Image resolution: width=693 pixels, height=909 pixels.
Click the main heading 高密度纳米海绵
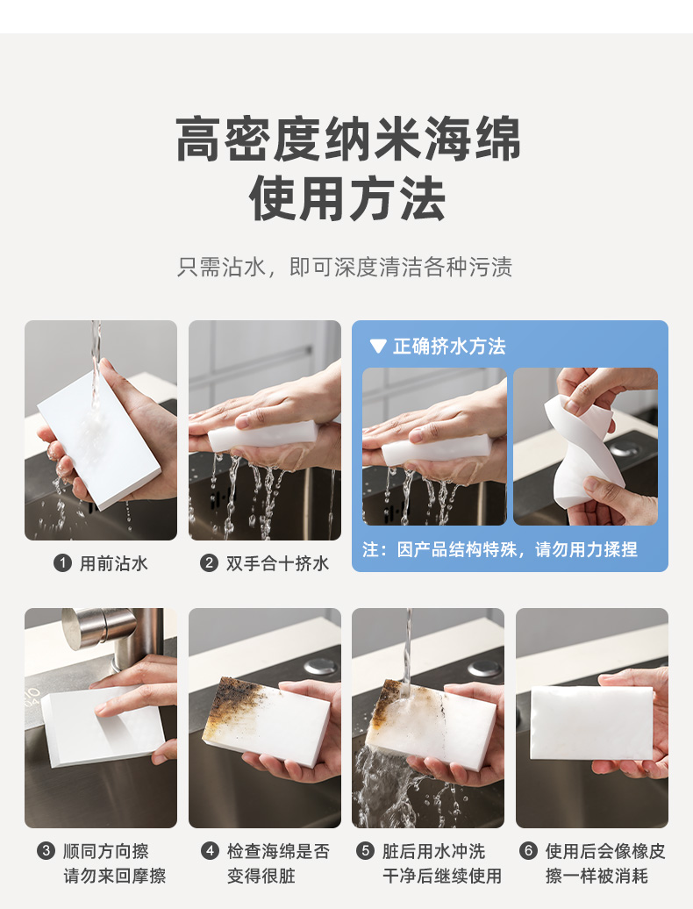pyautogui.click(x=347, y=140)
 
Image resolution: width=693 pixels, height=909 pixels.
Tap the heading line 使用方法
pyautogui.click(x=347, y=199)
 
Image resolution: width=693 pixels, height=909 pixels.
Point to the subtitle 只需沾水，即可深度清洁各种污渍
pyautogui.click(x=345, y=268)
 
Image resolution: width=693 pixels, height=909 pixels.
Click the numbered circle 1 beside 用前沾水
pyautogui.click(x=62, y=563)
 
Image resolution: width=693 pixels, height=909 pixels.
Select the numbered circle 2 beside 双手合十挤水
pyautogui.click(x=209, y=563)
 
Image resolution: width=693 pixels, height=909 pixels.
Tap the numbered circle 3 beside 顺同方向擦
pyautogui.click(x=46, y=851)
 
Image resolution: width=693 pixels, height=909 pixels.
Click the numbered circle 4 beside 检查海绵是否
pyautogui.click(x=210, y=851)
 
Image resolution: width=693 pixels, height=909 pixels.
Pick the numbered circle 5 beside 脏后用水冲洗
pyautogui.click(x=365, y=851)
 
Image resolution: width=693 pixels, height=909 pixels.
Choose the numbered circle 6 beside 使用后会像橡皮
pyautogui.click(x=528, y=851)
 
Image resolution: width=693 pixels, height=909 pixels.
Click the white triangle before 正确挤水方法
pyautogui.click(x=378, y=347)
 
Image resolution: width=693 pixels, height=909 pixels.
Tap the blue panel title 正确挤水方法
pyautogui.click(x=450, y=346)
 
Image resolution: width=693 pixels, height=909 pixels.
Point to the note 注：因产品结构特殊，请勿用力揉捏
pyautogui.click(x=499, y=549)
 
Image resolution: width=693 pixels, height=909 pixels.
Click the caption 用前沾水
pyautogui.click(x=113, y=563)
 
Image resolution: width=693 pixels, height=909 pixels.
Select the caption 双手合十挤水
pyautogui.click(x=277, y=563)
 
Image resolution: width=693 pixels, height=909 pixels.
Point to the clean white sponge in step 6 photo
pyautogui.click(x=591, y=722)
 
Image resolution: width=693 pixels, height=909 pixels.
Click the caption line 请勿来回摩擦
pyautogui.click(x=115, y=876)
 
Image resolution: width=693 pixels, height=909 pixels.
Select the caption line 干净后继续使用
pyautogui.click(x=442, y=876)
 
